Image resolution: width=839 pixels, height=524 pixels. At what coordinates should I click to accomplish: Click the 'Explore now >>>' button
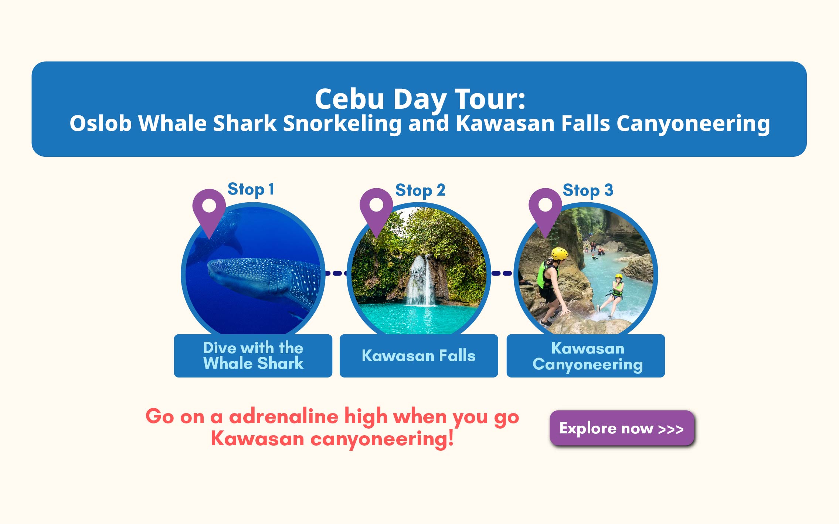[x=622, y=428]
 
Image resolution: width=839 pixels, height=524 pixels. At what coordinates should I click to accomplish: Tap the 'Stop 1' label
[x=251, y=189]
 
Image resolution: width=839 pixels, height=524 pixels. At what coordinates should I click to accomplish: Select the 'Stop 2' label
[x=420, y=190]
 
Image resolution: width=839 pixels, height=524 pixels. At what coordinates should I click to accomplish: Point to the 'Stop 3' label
[x=588, y=190]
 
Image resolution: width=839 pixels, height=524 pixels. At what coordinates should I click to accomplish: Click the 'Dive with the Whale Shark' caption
[x=253, y=355]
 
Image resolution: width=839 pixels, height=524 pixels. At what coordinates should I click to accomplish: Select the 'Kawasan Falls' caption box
[x=419, y=355]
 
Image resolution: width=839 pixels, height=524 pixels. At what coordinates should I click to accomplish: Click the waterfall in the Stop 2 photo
[x=421, y=281]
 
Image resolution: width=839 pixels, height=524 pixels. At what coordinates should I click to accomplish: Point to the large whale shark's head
[x=222, y=272]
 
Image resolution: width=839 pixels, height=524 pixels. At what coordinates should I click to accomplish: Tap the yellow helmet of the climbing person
[x=559, y=254]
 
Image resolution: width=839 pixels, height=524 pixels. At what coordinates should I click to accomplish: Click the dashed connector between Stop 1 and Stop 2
[x=336, y=273]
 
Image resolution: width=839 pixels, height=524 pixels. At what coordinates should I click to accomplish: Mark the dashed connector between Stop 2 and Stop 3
[x=502, y=273]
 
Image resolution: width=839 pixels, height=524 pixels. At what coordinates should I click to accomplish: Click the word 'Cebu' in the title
[x=350, y=99]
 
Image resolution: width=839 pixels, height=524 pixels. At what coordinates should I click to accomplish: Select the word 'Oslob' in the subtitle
[x=101, y=123]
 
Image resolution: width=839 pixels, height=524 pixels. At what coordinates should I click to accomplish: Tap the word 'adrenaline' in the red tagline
[x=283, y=416]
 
